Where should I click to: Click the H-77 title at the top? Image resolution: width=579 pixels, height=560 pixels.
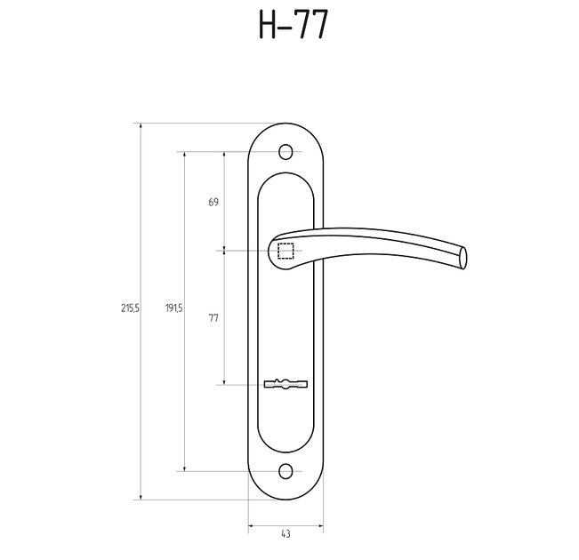(x=293, y=24)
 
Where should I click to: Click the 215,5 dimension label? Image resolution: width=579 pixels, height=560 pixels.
(x=131, y=308)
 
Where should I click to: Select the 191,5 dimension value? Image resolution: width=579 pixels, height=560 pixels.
(x=173, y=308)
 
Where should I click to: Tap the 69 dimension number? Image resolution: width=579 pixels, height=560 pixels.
(x=213, y=202)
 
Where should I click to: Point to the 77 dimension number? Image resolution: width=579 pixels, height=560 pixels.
(x=213, y=318)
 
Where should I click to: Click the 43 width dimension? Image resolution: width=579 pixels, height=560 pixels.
(x=285, y=534)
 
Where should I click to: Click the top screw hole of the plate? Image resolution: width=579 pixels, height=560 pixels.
(x=285, y=151)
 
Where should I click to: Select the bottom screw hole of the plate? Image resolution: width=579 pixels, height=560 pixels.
(x=285, y=471)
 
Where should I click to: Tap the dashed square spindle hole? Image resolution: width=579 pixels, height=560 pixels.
(x=285, y=251)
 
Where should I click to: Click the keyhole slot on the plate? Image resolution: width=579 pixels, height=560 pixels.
(x=285, y=384)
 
